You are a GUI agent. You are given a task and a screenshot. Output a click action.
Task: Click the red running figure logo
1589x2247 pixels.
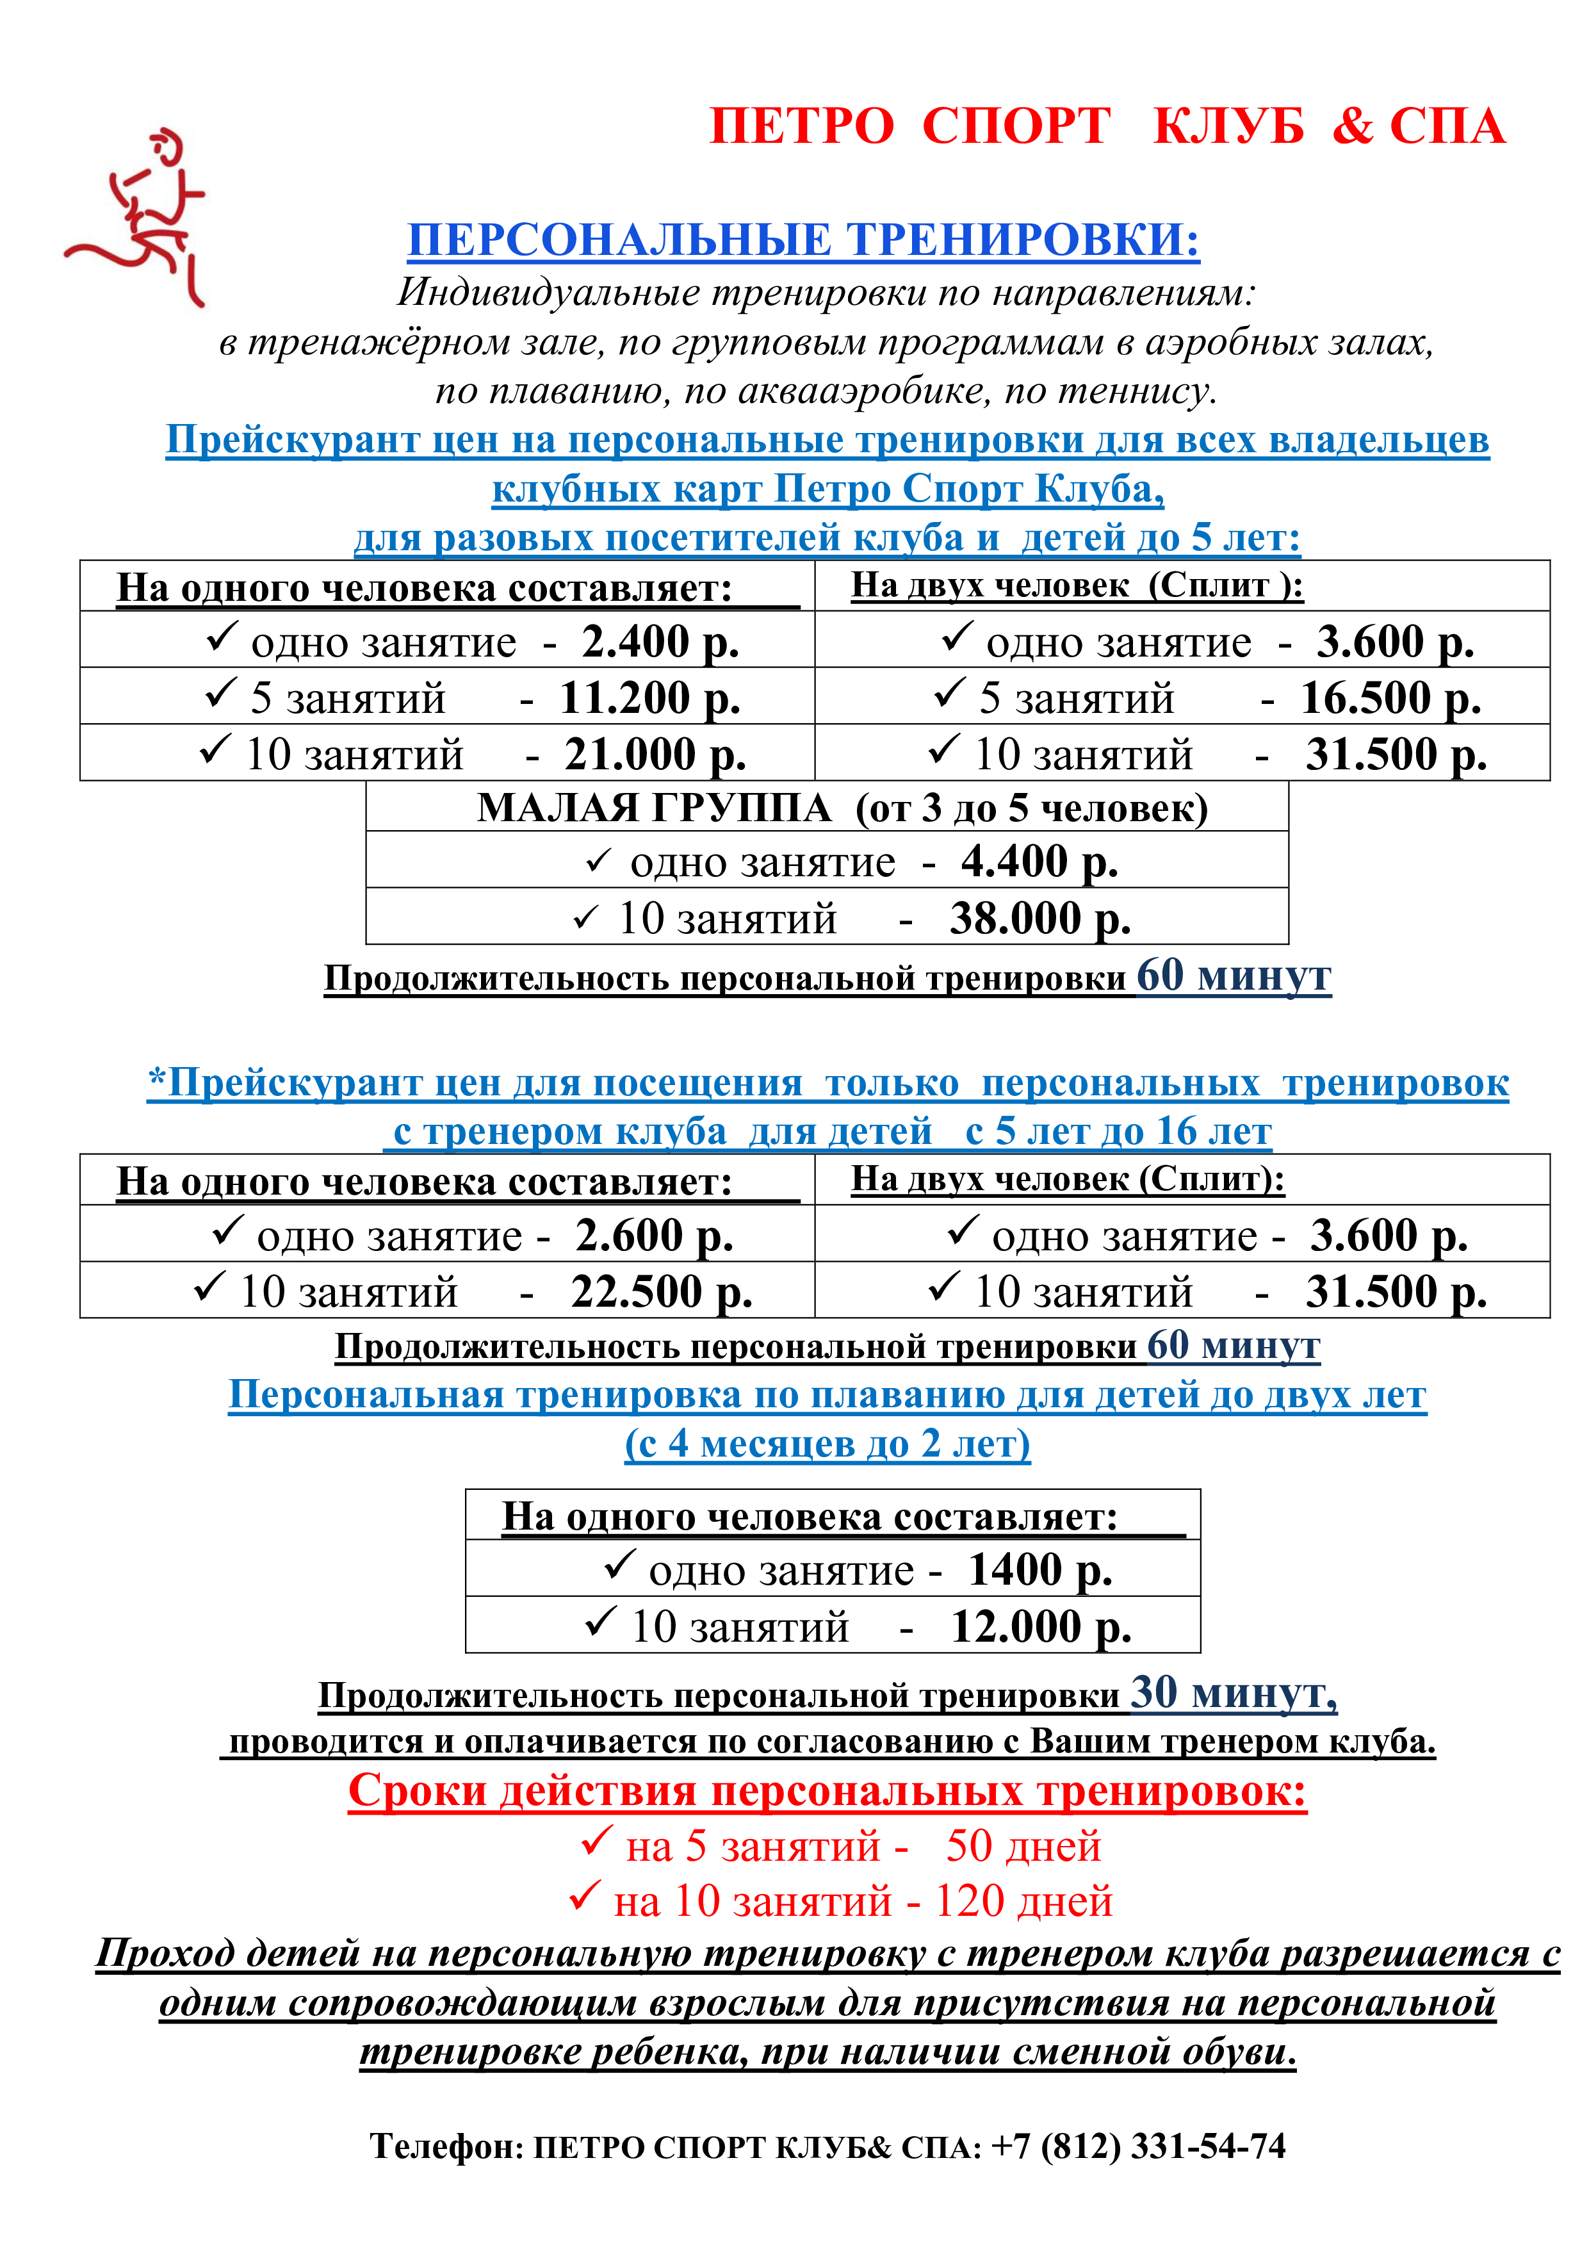137,217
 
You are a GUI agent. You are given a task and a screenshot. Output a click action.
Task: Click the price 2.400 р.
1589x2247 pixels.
660,642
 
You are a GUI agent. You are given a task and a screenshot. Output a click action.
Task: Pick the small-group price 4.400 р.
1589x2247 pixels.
1039,862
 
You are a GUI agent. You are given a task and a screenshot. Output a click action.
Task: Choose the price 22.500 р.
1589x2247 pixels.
662,1292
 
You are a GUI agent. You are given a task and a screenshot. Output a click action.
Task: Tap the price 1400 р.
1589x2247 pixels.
1040,1570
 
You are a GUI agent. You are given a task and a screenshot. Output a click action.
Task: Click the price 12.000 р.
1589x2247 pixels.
1041,1626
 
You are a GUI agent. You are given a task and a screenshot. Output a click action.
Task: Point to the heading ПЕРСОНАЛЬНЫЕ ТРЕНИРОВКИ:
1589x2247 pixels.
803,240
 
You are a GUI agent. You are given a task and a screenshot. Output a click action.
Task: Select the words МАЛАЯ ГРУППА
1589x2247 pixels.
654,808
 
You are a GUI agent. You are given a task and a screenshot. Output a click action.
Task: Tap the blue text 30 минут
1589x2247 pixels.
1233,1693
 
